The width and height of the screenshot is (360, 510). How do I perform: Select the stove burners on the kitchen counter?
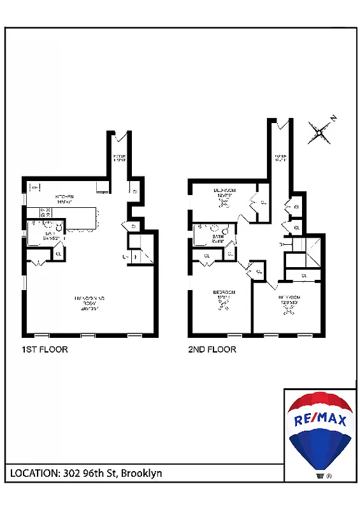pyautogui.click(x=46, y=213)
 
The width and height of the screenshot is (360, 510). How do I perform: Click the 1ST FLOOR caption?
pyautogui.click(x=45, y=349)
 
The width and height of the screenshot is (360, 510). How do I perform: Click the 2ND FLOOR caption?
pyautogui.click(x=212, y=349)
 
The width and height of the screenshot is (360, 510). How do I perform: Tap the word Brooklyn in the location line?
pyautogui.click(x=141, y=473)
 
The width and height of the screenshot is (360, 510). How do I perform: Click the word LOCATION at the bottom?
pyautogui.click(x=34, y=473)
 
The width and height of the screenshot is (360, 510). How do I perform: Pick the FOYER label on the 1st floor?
pyautogui.click(x=120, y=157)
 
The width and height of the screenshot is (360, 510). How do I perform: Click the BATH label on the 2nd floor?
pyautogui.click(x=217, y=238)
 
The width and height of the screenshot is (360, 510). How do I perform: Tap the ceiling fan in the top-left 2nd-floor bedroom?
pyautogui.click(x=224, y=203)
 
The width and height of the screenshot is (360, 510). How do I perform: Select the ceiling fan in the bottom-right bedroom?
pyautogui.click(x=288, y=312)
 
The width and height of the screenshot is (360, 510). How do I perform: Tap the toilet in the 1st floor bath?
pyautogui.click(x=59, y=226)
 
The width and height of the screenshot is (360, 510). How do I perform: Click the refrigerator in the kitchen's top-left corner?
pyautogui.click(x=35, y=187)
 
